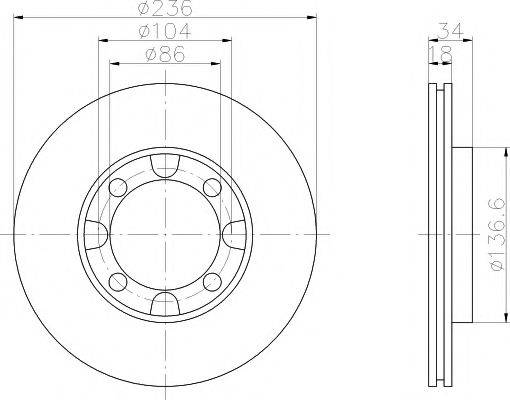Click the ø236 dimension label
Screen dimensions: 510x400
tap(165, 8)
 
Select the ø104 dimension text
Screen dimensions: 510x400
tap(164, 31)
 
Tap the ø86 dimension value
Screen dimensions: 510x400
tap(165, 54)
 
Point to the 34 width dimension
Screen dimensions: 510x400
tap(450, 31)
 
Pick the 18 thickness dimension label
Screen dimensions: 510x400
tap(440, 54)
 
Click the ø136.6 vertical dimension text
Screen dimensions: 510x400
tap(496, 235)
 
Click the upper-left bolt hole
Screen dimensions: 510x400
tap(118, 188)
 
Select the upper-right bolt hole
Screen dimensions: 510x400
tap(212, 188)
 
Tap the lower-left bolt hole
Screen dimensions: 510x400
tap(118, 282)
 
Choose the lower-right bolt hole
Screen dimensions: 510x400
tap(212, 282)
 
